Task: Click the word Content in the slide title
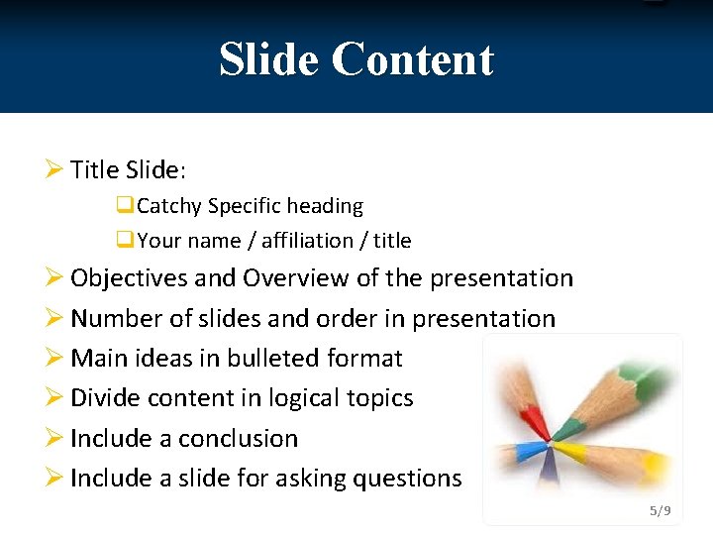point(412,59)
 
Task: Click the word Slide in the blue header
point(269,59)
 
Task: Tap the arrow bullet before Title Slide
point(54,169)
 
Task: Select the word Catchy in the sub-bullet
point(169,206)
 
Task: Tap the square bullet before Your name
point(125,240)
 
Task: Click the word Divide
point(106,398)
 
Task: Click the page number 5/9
point(660,511)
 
